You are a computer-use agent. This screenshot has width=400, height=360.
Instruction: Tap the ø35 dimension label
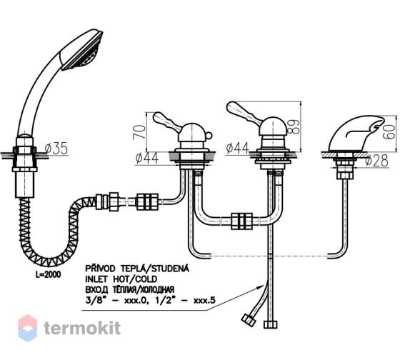tap(56, 149)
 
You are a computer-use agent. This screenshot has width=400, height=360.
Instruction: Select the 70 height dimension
tap(139, 131)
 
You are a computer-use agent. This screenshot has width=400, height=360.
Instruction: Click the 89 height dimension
tap(294, 127)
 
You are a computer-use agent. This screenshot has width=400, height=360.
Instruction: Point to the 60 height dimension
tap(389, 131)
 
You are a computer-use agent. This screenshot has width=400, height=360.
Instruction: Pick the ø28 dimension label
tap(376, 161)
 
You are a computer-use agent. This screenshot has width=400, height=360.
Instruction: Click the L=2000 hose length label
tap(49, 274)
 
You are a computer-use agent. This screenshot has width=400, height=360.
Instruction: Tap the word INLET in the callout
tap(96, 279)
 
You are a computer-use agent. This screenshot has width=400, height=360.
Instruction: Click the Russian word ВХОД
tap(96, 290)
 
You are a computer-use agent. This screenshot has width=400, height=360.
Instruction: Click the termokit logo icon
tap(28, 328)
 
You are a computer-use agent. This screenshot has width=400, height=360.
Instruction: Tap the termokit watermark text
tap(82, 328)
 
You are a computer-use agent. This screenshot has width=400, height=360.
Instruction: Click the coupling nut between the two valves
tap(241, 221)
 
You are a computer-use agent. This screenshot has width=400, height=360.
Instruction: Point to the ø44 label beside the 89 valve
tap(237, 149)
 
